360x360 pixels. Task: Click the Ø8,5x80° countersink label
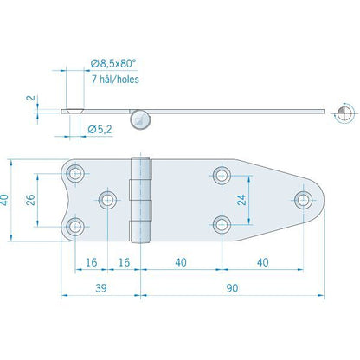click(113, 63)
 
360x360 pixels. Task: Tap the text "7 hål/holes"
click(115, 79)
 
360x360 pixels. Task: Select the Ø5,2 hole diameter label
click(100, 130)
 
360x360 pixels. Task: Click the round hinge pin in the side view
click(140, 120)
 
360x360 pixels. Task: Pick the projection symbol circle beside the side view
click(344, 113)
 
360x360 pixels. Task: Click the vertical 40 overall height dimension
click(4, 200)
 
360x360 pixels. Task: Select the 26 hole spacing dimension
click(30, 200)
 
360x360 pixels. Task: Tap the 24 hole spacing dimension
click(241, 200)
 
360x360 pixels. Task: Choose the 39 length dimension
click(101, 288)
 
